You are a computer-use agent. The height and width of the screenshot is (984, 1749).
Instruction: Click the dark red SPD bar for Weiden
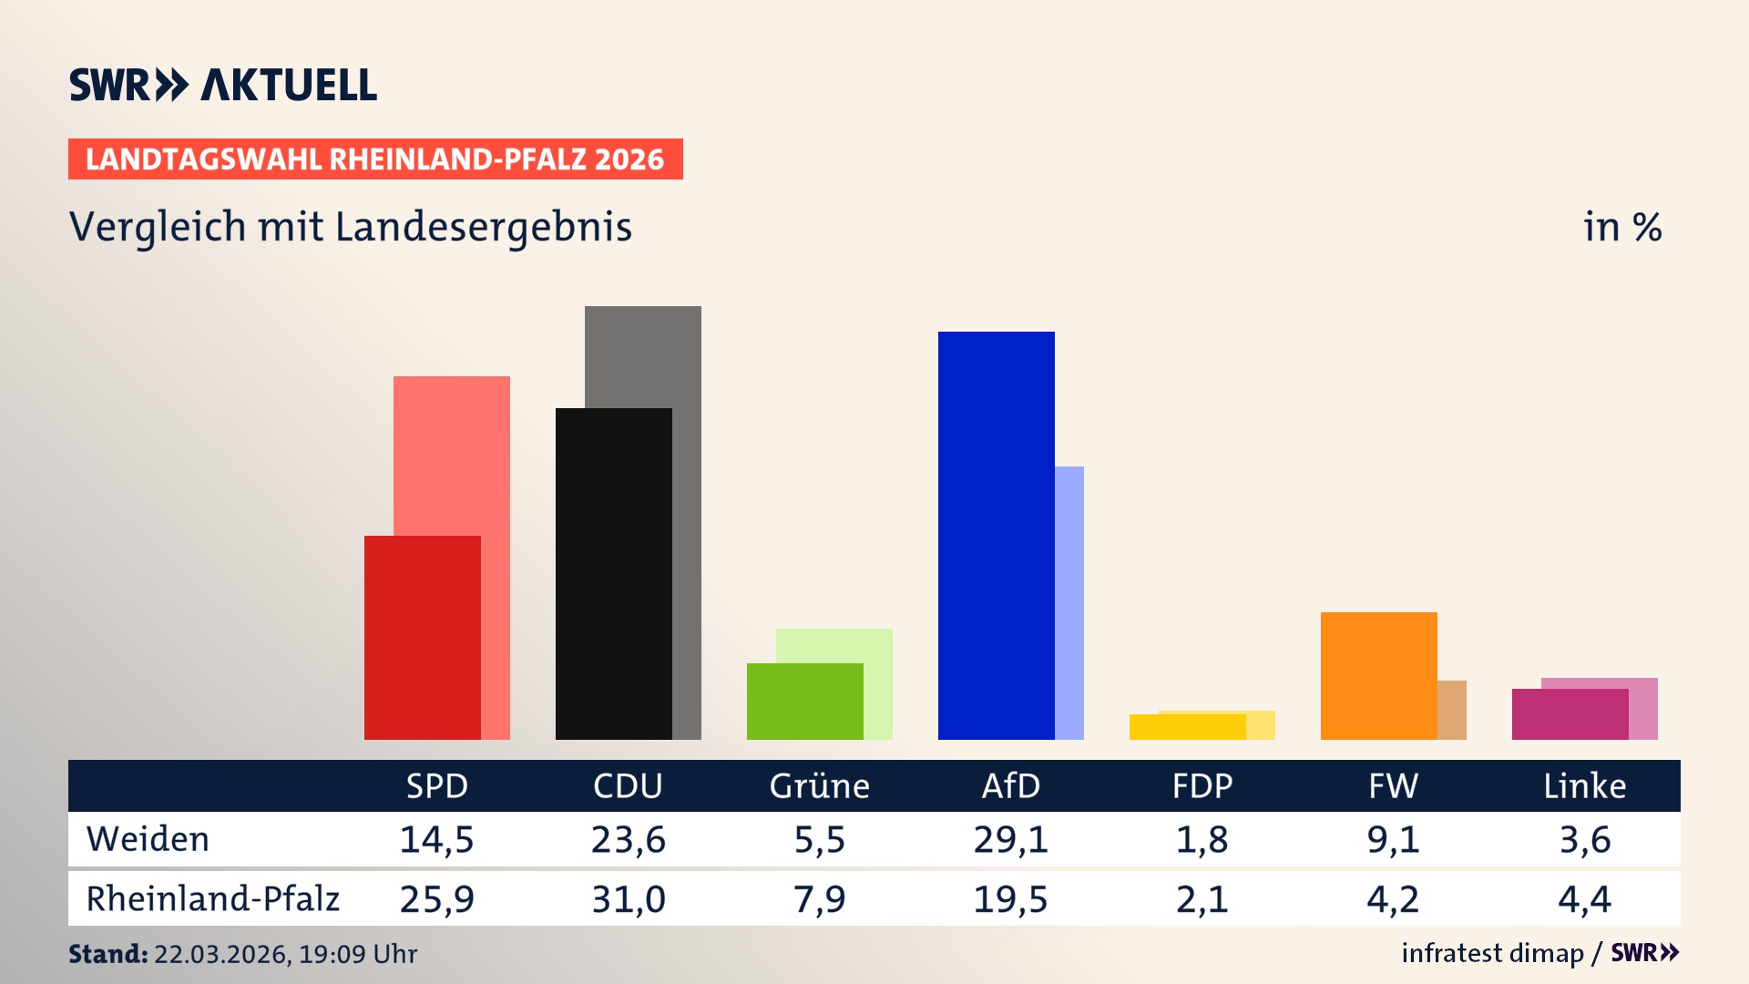pos(422,638)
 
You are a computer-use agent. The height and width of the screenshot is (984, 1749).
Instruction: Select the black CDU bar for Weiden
pos(613,574)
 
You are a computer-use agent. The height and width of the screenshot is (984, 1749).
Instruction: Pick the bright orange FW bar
pos(1378,676)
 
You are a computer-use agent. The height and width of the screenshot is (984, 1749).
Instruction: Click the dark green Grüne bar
pos(804,702)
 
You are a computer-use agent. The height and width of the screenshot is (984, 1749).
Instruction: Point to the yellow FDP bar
pos(1187,727)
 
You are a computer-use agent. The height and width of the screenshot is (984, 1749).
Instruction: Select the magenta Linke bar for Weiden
pos(1570,714)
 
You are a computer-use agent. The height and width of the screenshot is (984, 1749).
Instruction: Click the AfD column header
pos(1010,786)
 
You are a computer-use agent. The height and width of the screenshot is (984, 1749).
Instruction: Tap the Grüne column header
pos(819,786)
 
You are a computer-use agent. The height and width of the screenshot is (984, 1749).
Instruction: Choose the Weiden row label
pos(148,839)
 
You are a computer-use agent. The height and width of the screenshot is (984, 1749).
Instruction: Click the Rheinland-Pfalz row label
pos(212,899)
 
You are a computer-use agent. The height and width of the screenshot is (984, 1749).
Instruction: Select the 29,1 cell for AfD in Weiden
pos(1010,839)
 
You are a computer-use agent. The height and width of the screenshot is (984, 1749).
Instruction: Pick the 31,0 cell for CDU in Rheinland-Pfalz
pos(628,899)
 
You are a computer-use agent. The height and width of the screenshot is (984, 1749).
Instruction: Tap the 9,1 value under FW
pos(1393,839)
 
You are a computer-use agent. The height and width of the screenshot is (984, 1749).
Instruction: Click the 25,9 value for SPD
pos(436,899)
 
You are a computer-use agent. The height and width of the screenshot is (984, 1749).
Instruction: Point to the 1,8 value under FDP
pos(1202,839)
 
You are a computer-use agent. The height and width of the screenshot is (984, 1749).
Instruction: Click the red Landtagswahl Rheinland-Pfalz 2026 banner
pos(374,159)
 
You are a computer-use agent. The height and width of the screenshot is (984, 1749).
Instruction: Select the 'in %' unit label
pos(1621,228)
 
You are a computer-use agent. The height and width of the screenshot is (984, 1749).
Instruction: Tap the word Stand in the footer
pos(107,954)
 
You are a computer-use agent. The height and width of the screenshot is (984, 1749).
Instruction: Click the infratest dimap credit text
pos(1492,953)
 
